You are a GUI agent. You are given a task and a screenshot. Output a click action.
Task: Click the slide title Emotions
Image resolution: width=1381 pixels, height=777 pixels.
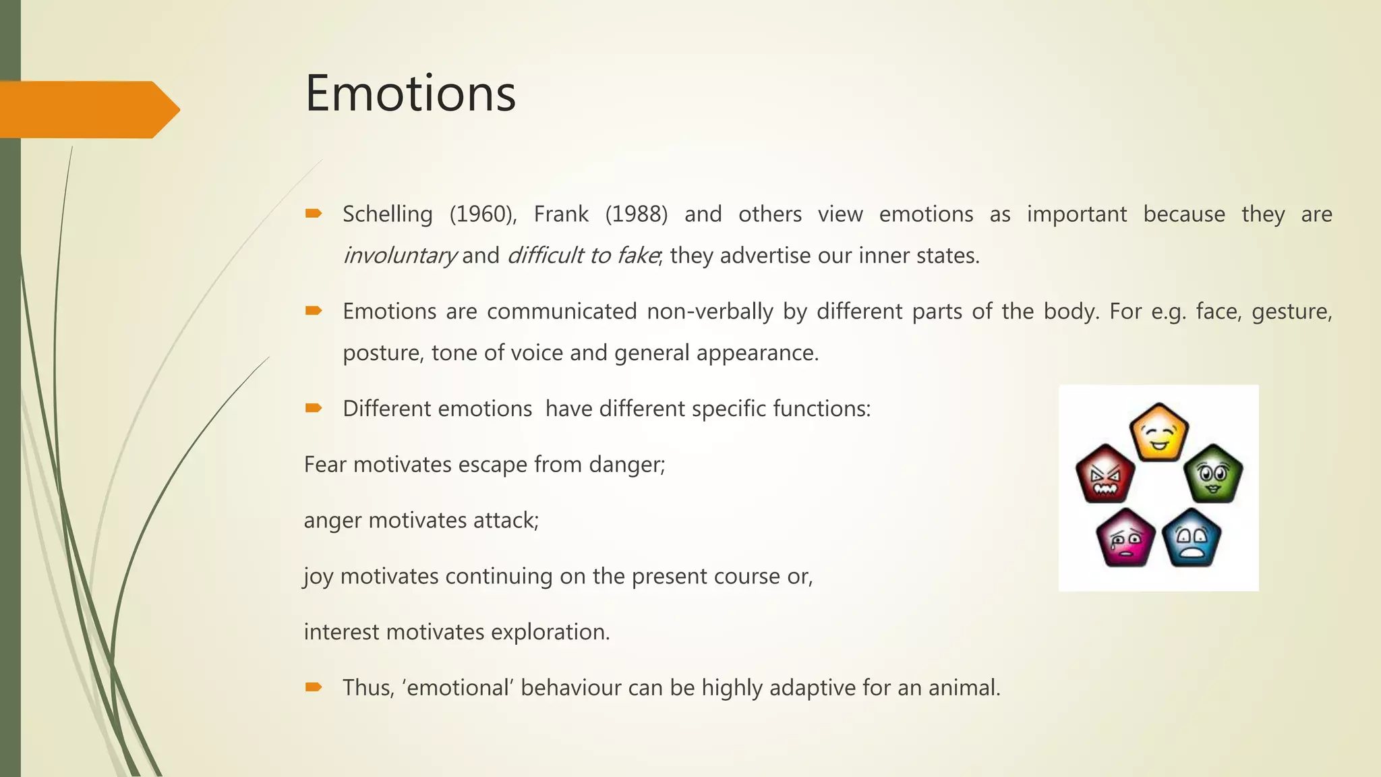[x=410, y=93]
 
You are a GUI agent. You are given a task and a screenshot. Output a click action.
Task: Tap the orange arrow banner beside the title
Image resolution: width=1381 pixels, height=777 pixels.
[x=88, y=109]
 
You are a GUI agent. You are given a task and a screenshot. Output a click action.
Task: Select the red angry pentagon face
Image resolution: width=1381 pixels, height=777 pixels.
[x=1105, y=475]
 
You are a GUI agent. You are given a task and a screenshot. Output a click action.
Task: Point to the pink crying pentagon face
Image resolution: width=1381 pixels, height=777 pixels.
[x=1125, y=538]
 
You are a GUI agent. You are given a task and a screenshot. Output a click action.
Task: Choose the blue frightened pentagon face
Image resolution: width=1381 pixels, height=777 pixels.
[x=1192, y=538]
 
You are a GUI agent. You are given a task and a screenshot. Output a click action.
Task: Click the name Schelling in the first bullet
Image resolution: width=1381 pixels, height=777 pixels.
[x=387, y=214]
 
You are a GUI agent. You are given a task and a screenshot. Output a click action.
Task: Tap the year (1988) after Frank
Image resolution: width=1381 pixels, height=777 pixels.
[x=636, y=214]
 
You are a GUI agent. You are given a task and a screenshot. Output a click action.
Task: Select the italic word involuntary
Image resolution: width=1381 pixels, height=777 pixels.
[x=399, y=256]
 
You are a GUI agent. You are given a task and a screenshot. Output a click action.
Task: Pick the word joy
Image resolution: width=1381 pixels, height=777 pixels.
[x=318, y=577]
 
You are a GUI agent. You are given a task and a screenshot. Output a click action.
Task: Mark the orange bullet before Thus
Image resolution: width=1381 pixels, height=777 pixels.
[x=314, y=687]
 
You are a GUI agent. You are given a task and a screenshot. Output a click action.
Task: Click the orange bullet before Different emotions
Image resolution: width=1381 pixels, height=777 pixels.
[x=314, y=408]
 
